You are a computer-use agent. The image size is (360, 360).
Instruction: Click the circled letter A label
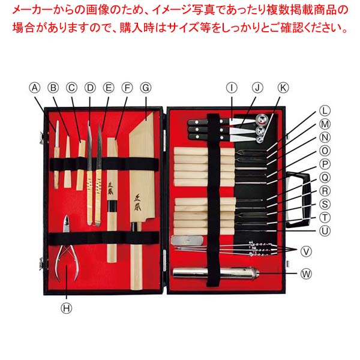[35, 88]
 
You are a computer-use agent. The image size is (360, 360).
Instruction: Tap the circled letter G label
[145, 88]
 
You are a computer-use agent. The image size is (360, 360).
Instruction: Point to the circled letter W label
[307, 274]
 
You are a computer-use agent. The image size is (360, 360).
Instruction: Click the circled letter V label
[307, 250]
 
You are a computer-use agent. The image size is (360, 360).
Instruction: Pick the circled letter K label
[283, 88]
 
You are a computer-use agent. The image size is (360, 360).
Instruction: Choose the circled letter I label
[232, 88]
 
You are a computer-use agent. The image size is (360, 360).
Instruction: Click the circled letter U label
[325, 230]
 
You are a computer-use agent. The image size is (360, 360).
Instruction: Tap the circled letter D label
[90, 88]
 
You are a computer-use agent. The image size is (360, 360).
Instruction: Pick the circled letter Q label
[325, 177]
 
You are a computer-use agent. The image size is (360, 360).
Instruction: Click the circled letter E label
[109, 88]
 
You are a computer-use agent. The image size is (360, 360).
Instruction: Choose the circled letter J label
[257, 88]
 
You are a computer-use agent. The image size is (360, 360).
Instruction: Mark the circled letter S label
[325, 204]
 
